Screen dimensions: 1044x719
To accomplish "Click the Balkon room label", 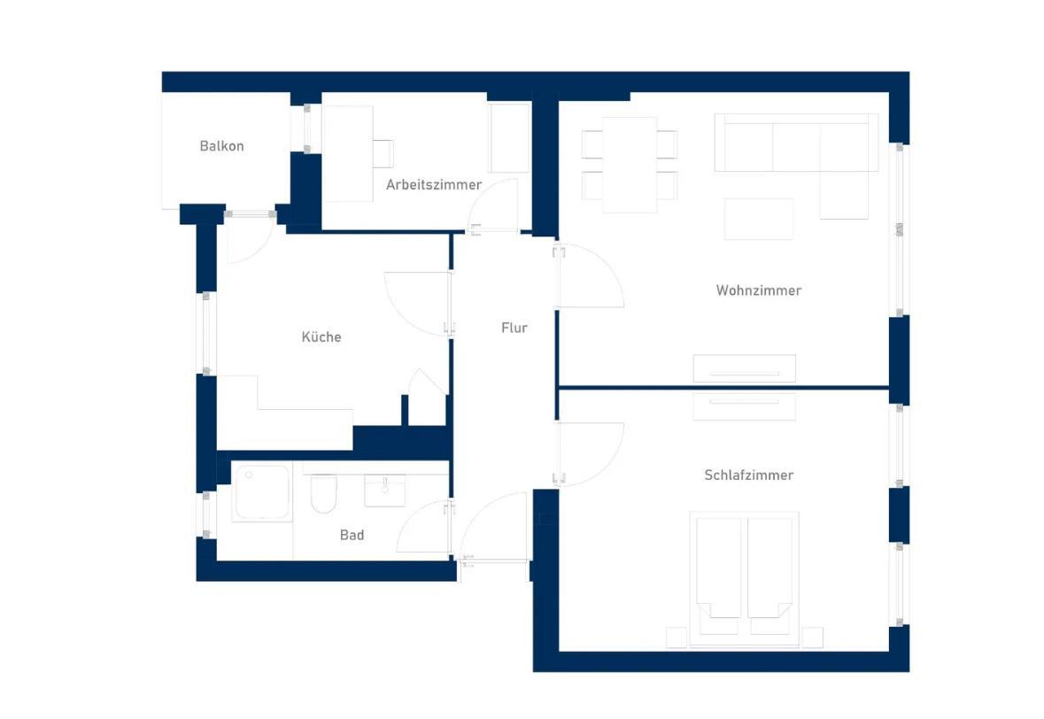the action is point(221,146).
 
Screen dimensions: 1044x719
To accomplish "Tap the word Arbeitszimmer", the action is point(433,184).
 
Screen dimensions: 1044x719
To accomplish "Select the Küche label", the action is point(321,336).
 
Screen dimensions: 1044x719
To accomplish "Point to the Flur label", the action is point(514,328).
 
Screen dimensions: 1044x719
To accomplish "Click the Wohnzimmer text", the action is point(758,290).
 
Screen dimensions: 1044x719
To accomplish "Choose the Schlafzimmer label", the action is point(749,475).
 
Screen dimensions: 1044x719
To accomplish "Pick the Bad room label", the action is point(352,535).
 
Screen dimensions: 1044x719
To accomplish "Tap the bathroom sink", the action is point(385,491).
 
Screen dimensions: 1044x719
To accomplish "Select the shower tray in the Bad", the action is point(262,492).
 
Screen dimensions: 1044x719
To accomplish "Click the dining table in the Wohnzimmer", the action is point(630,165).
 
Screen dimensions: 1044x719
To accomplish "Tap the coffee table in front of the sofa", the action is point(759,219).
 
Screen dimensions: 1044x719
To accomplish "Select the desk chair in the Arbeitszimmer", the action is point(383,154).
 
